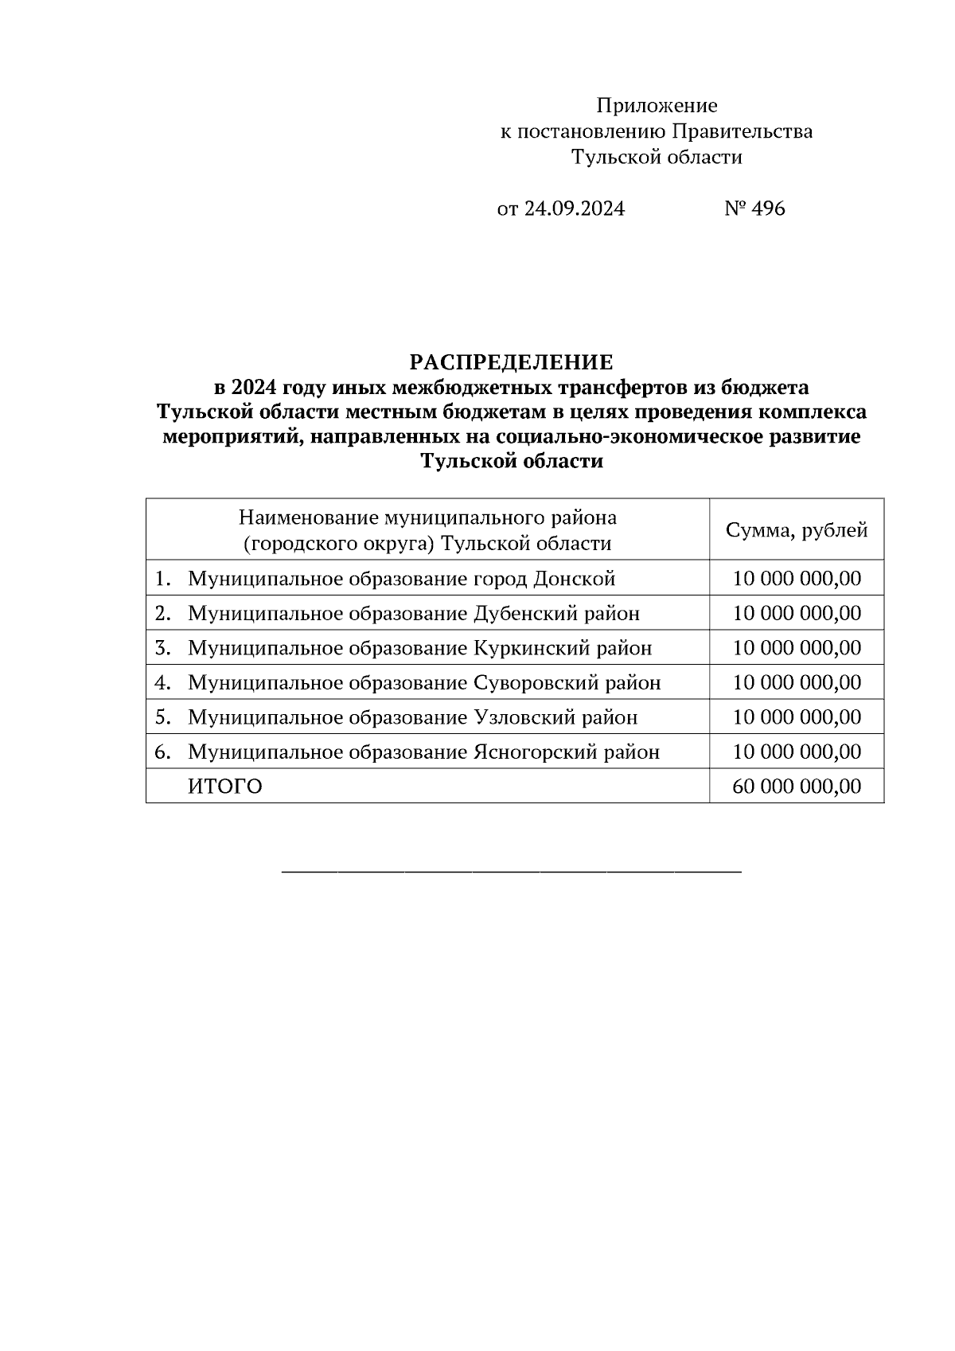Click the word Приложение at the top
pyautogui.click(x=657, y=106)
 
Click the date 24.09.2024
pyautogui.click(x=574, y=209)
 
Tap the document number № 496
pyautogui.click(x=754, y=209)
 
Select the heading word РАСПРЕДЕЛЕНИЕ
pyautogui.click(x=511, y=363)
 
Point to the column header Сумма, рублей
pyautogui.click(x=796, y=531)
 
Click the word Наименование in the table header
pyautogui.click(x=309, y=518)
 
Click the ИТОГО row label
pyautogui.click(x=225, y=787)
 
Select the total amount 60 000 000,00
pyautogui.click(x=796, y=787)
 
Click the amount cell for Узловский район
pyautogui.click(x=796, y=717)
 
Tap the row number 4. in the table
pyautogui.click(x=163, y=683)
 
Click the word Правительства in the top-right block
pyautogui.click(x=743, y=131)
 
